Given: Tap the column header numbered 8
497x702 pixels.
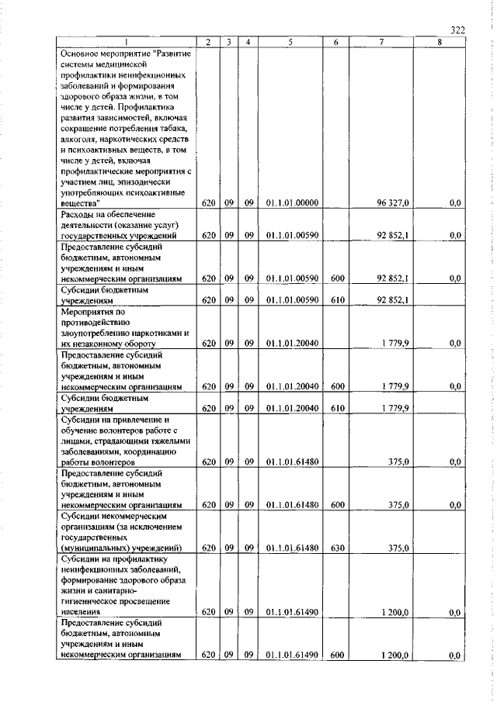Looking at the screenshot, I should click(439, 43).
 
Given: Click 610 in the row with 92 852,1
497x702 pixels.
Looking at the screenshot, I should click(335, 299).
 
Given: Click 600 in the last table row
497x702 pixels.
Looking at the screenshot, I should click(335, 655).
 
